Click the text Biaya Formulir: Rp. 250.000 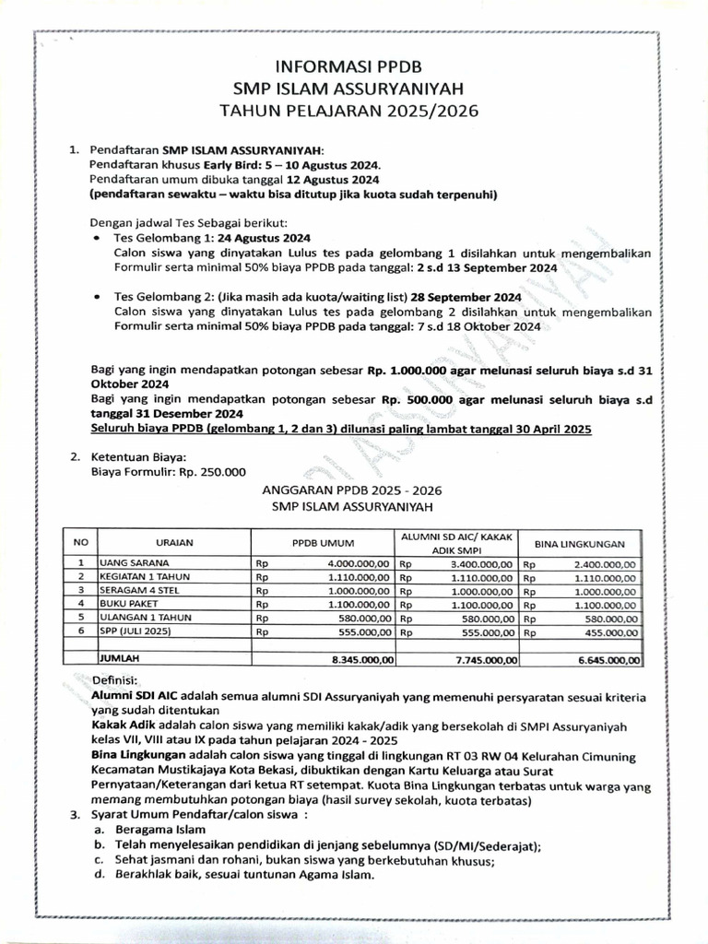169,472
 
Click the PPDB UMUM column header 323,543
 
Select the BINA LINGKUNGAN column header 581,543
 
